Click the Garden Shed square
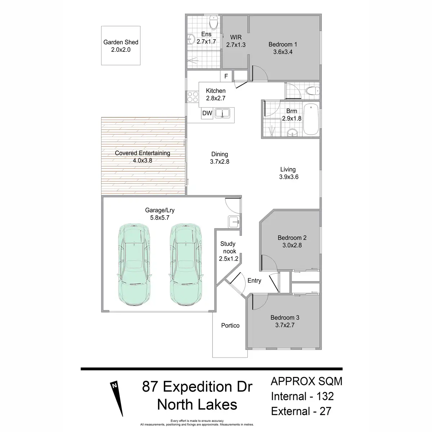coord(121,46)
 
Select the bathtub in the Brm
coord(310,120)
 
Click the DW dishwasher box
coord(207,113)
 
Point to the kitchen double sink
coord(223,113)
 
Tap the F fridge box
coord(226,76)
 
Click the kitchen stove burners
coord(193,96)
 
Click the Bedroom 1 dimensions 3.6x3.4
coord(283,52)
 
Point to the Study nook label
coord(228,247)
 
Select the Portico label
coord(230,325)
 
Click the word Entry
coord(254,280)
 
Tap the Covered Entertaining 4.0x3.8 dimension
coord(143,161)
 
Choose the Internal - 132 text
coord(302,396)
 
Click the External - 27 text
coord(301,411)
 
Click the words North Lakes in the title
coord(197,404)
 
